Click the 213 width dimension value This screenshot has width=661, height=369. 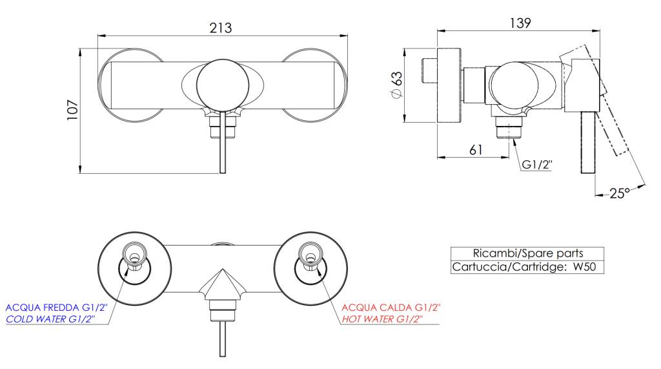[221, 28]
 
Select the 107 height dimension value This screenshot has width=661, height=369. [72, 110]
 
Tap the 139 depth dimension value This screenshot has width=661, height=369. [520, 23]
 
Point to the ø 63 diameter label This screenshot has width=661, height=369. [397, 85]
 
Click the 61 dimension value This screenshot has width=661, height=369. [476, 150]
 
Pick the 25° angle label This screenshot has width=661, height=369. [619, 193]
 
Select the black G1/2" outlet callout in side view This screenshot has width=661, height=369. [537, 165]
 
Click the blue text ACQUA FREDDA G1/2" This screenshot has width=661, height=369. [57, 308]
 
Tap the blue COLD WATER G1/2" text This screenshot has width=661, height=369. [50, 320]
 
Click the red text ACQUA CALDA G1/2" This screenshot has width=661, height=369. [391, 308]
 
